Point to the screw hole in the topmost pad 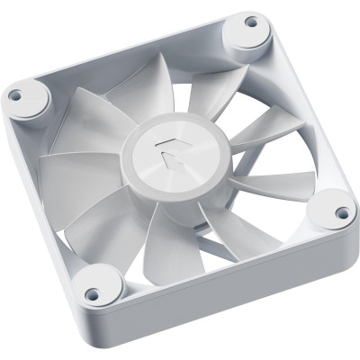click(250, 22)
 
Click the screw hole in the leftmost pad click(14, 93)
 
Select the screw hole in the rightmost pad click(342, 214)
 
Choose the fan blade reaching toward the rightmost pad click(270, 184)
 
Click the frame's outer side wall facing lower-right click(243, 292)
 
